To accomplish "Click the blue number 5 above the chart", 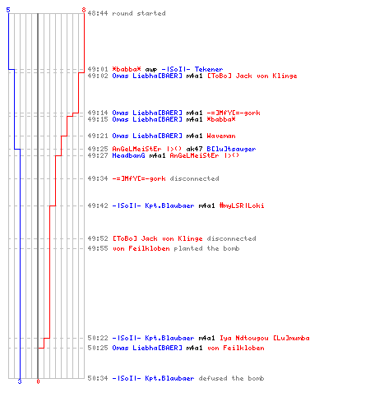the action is [8, 10].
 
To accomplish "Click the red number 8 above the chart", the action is [84, 10].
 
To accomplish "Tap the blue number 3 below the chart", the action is [20, 381].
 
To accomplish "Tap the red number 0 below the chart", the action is [38, 381].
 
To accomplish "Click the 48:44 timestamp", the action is [98, 13].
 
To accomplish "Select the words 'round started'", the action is [139, 13].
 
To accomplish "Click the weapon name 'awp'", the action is [151, 69].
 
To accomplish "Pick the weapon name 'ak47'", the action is [194, 149].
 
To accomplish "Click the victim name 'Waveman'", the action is [221, 136].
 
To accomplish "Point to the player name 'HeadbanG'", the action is [128, 155].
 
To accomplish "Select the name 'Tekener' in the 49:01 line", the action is [209, 69].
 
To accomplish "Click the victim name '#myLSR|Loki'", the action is [242, 205].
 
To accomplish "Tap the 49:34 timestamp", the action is [98, 178].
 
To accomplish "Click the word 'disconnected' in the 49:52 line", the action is [231, 238].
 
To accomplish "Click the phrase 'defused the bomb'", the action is [231, 378].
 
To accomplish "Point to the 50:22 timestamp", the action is [98, 338].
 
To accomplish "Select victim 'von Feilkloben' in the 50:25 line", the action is [236, 348].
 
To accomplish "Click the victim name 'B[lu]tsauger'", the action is [231, 149].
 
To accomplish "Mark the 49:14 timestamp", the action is [98, 113].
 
